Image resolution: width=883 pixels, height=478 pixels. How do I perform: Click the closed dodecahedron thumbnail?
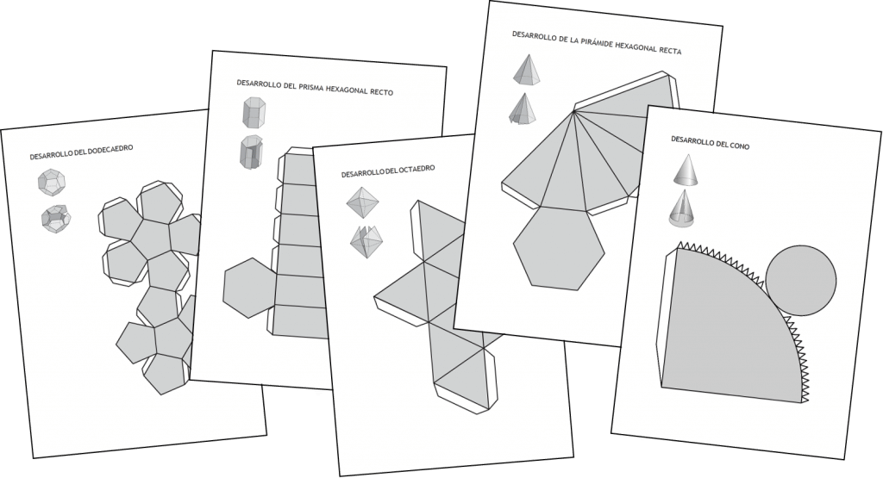(52, 183)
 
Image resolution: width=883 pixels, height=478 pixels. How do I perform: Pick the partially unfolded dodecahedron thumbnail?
(56, 219)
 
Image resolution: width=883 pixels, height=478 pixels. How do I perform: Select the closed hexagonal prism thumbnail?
(254, 113)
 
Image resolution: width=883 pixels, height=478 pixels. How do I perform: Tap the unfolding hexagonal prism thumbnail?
(252, 152)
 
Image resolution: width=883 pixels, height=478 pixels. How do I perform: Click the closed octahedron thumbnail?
(361, 202)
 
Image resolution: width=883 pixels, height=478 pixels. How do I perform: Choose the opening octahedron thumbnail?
(365, 242)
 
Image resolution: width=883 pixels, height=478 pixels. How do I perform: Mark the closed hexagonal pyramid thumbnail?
(527, 70)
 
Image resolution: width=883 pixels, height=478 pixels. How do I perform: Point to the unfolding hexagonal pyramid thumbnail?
(523, 109)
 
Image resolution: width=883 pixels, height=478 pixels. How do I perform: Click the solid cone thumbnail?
(687, 170)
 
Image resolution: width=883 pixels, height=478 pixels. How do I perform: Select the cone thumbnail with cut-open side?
(684, 208)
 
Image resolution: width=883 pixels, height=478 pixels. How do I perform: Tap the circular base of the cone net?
(800, 281)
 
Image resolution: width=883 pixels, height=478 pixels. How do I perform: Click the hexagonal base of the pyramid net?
(558, 247)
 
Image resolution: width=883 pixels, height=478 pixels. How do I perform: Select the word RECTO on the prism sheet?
(380, 91)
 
